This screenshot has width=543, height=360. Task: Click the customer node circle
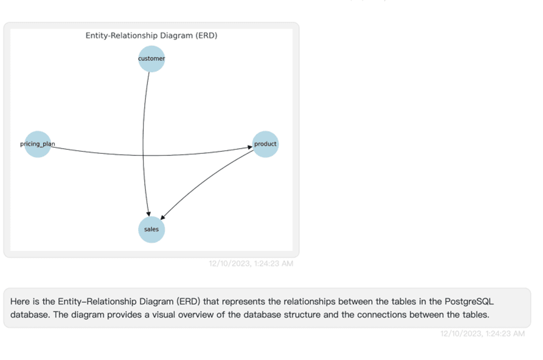151,59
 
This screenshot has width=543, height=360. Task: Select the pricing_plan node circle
38,144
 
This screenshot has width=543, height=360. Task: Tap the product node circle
265,144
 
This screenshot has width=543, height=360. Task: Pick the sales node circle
151,230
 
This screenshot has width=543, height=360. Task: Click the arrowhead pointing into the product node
249,147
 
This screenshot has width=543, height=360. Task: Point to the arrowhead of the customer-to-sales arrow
148,214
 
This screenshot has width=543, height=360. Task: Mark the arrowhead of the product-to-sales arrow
162,217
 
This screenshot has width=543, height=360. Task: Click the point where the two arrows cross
143,155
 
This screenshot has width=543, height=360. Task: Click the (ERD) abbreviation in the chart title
206,36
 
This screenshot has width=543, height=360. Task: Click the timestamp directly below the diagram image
251,263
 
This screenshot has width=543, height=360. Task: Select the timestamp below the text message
482,333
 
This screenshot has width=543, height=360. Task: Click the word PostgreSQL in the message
469,302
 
